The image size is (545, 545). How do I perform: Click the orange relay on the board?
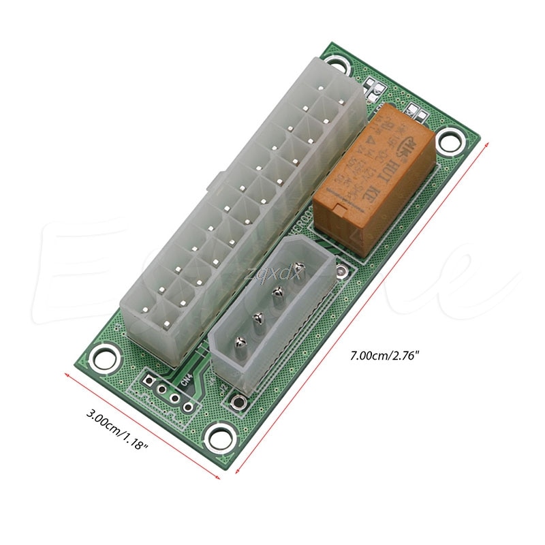click(x=375, y=181)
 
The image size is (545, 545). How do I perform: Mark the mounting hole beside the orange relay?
click(x=447, y=140)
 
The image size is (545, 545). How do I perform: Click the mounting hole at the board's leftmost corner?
click(x=104, y=355)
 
